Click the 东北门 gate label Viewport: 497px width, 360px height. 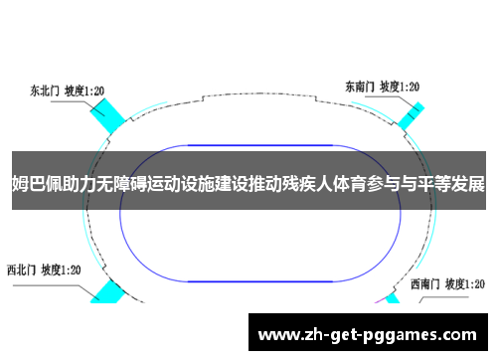click(46, 90)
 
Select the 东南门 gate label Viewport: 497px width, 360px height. click(361, 87)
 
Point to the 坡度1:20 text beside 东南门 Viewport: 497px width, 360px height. click(401, 87)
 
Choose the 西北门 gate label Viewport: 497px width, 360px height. click(25, 269)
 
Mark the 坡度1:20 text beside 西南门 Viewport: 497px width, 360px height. click(467, 282)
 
